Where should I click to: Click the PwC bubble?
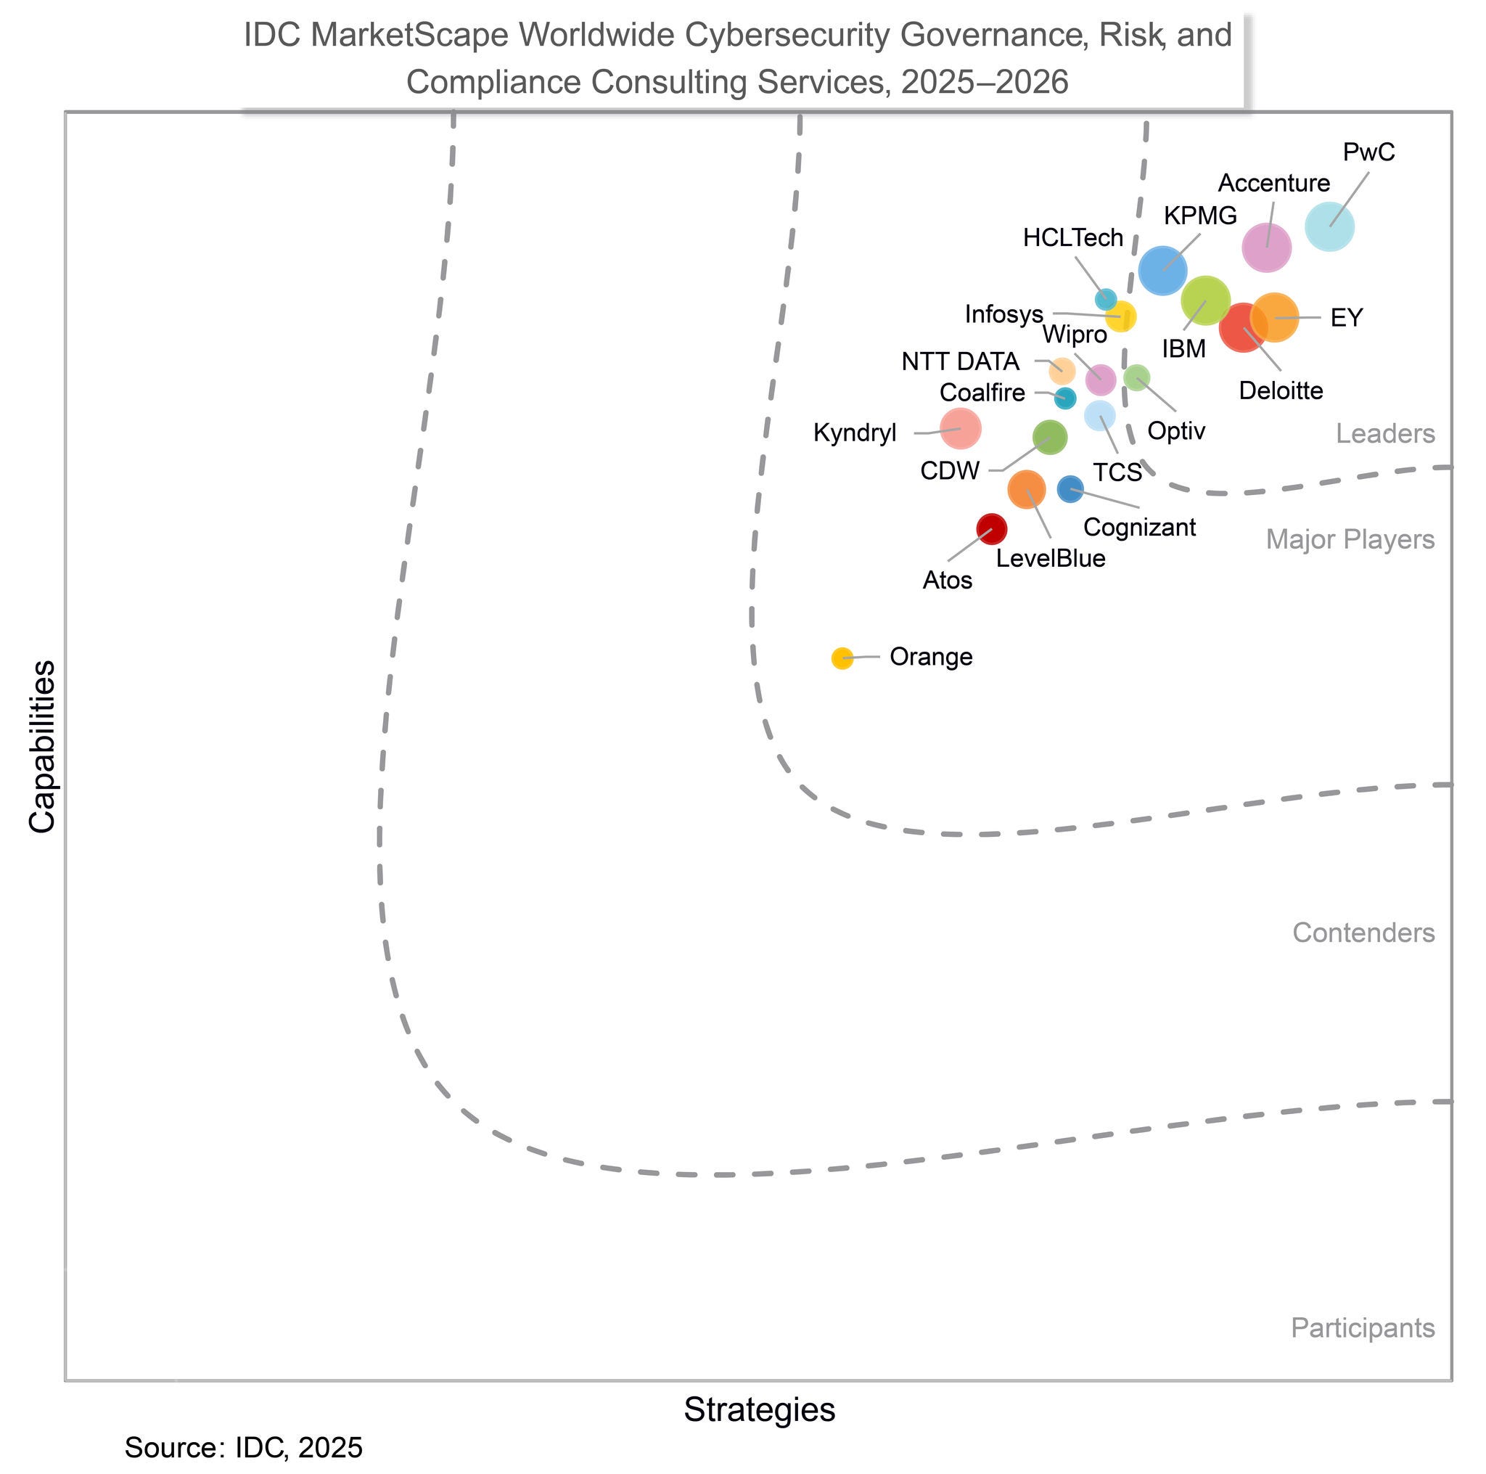point(1329,226)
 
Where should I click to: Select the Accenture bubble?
point(1266,247)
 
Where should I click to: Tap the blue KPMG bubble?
point(1162,270)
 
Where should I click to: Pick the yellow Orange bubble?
point(842,658)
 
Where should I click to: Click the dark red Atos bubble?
point(991,528)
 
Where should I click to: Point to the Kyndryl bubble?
point(961,428)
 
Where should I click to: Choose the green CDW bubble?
point(1049,438)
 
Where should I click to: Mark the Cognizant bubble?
point(1070,488)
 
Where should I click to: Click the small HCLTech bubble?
point(1105,298)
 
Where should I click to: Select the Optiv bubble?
point(1136,377)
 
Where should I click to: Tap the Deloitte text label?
point(1281,390)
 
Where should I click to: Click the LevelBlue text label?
point(1050,559)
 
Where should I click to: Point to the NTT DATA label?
point(960,361)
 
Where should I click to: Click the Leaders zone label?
point(1384,434)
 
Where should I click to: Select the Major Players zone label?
point(1350,540)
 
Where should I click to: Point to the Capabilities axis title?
point(43,746)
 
